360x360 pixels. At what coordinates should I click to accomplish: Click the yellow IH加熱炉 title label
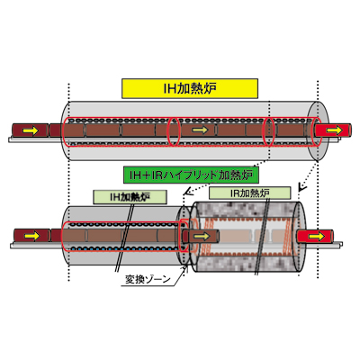(x=190, y=88)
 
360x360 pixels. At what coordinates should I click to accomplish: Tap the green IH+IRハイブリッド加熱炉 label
(x=191, y=175)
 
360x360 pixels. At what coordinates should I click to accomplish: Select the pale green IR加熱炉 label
(x=249, y=193)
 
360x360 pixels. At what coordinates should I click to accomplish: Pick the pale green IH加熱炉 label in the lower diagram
(x=130, y=197)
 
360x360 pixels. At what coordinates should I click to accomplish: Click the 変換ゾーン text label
(x=148, y=280)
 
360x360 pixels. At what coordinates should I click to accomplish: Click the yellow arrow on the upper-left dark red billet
(x=31, y=130)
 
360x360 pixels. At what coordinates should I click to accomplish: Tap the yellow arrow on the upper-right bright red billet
(x=335, y=130)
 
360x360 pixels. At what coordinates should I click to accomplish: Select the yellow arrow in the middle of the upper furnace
(x=200, y=130)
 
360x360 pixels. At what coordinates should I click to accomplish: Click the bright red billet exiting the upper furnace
(x=333, y=130)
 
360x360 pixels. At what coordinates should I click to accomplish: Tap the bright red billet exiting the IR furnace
(x=315, y=237)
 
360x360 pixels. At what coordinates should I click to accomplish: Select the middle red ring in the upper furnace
(x=174, y=132)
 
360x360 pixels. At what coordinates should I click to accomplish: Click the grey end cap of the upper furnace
(x=319, y=130)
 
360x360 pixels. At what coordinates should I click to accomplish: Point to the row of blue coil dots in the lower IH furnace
(x=122, y=249)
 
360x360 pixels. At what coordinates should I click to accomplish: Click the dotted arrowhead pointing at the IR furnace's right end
(x=301, y=188)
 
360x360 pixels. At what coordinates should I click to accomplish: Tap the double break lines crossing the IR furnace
(x=263, y=236)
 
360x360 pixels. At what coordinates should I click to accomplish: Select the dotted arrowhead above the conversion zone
(x=187, y=192)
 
